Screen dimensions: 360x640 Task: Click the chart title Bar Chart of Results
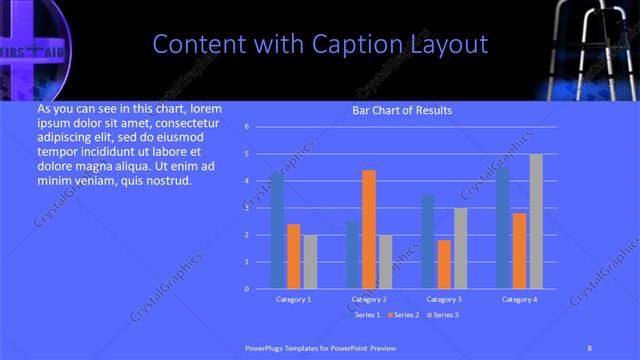coord(403,110)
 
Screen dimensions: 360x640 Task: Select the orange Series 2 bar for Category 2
coord(369,229)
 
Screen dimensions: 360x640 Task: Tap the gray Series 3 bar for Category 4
coord(536,221)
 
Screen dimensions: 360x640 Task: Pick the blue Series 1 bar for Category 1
coord(277,230)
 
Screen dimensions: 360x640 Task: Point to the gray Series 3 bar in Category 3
coord(460,248)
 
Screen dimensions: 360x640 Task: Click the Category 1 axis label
coord(293,299)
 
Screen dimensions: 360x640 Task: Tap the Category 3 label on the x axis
coord(444,299)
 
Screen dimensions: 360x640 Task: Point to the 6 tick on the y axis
coord(247,127)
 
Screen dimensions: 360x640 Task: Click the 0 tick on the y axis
coord(247,288)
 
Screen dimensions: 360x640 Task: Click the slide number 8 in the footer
coord(590,346)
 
